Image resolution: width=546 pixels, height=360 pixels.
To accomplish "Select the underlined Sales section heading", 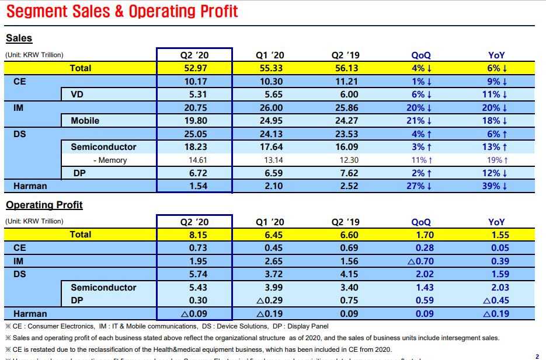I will click(19, 39).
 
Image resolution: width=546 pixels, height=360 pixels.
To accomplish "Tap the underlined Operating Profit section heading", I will click(44, 205).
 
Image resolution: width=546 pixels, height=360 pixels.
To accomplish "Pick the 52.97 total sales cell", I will click(194, 68).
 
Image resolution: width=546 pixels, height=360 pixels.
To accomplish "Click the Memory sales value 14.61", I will click(194, 160).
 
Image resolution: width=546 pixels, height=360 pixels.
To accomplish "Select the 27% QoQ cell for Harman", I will click(420, 186).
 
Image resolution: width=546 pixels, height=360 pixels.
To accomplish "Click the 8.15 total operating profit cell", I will click(194, 235).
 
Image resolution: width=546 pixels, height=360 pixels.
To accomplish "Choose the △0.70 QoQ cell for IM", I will click(420, 261).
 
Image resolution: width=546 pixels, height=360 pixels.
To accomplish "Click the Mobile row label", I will click(85, 121).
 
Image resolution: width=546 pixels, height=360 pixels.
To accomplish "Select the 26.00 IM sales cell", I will click(270, 108).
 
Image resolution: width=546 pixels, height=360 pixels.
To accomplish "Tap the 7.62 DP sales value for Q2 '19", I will click(345, 173).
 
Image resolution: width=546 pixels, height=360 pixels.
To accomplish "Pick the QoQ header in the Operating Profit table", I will click(420, 222).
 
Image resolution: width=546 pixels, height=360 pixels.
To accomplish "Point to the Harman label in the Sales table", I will click(30, 186).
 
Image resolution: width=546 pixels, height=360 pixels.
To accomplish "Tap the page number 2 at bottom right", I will click(537, 356).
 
